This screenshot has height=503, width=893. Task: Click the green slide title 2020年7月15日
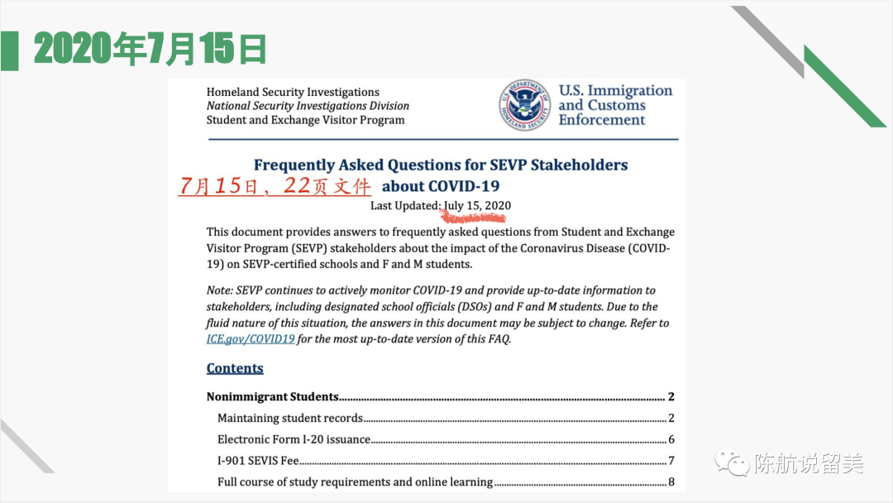pyautogui.click(x=150, y=50)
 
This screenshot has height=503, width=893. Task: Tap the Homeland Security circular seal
pyautogui.click(x=524, y=105)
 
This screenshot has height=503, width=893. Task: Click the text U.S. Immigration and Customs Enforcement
pyautogui.click(x=615, y=105)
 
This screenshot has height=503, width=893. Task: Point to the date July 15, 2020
pyautogui.click(x=477, y=205)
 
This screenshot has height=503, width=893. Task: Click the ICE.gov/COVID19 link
pyautogui.click(x=250, y=338)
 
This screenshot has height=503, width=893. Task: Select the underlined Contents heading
pyautogui.click(x=235, y=368)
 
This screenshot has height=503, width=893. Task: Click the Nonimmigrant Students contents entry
pyautogui.click(x=273, y=396)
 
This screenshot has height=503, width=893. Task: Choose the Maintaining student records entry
pyautogui.click(x=290, y=418)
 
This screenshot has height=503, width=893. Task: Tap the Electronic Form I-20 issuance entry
pyautogui.click(x=294, y=439)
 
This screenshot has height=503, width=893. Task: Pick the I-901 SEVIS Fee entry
pyautogui.click(x=258, y=461)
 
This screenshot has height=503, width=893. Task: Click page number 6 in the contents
pyautogui.click(x=671, y=439)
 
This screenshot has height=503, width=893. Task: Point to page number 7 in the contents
pyautogui.click(x=671, y=461)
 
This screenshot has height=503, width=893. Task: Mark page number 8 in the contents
pyautogui.click(x=671, y=482)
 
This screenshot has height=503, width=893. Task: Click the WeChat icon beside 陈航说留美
pyautogui.click(x=731, y=462)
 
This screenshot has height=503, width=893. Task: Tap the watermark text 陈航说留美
pyautogui.click(x=808, y=463)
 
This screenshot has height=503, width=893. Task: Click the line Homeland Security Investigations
pyautogui.click(x=293, y=92)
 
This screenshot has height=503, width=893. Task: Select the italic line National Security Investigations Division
pyautogui.click(x=308, y=106)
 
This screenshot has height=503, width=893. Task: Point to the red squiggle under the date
pyautogui.click(x=472, y=218)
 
